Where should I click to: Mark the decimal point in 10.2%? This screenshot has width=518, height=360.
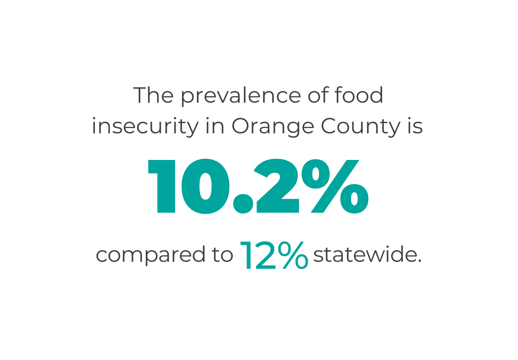point(243,205)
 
